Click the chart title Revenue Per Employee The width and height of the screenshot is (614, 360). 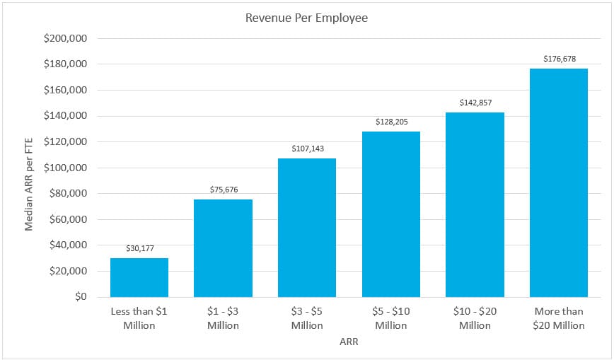306,18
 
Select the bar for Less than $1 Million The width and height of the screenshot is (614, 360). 139,277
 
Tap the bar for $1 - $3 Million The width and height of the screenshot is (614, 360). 223,248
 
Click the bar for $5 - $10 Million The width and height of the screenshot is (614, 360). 391,214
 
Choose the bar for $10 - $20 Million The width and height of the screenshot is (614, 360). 475,204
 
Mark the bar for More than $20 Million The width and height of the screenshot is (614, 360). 559,182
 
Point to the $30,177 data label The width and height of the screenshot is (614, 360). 139,248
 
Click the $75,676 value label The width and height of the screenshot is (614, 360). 223,190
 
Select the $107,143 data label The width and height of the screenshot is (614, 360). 307,149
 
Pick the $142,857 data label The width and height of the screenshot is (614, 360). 475,103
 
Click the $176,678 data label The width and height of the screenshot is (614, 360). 559,59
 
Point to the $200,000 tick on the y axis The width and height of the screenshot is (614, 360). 65,39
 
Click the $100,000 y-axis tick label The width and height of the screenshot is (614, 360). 65,168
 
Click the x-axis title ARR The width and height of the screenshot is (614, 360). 349,342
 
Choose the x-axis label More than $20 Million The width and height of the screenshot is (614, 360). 559,318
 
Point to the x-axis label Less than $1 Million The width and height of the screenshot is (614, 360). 139,318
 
